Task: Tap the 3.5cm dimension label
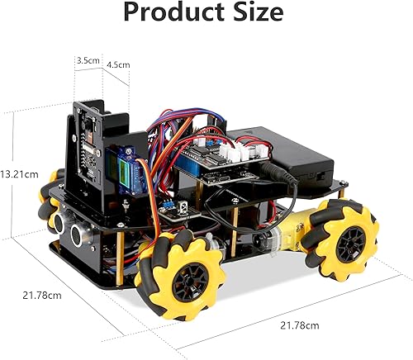(x=88, y=61)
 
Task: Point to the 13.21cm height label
(x=20, y=174)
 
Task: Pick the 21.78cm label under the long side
(x=298, y=325)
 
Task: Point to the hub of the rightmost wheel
(x=349, y=241)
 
